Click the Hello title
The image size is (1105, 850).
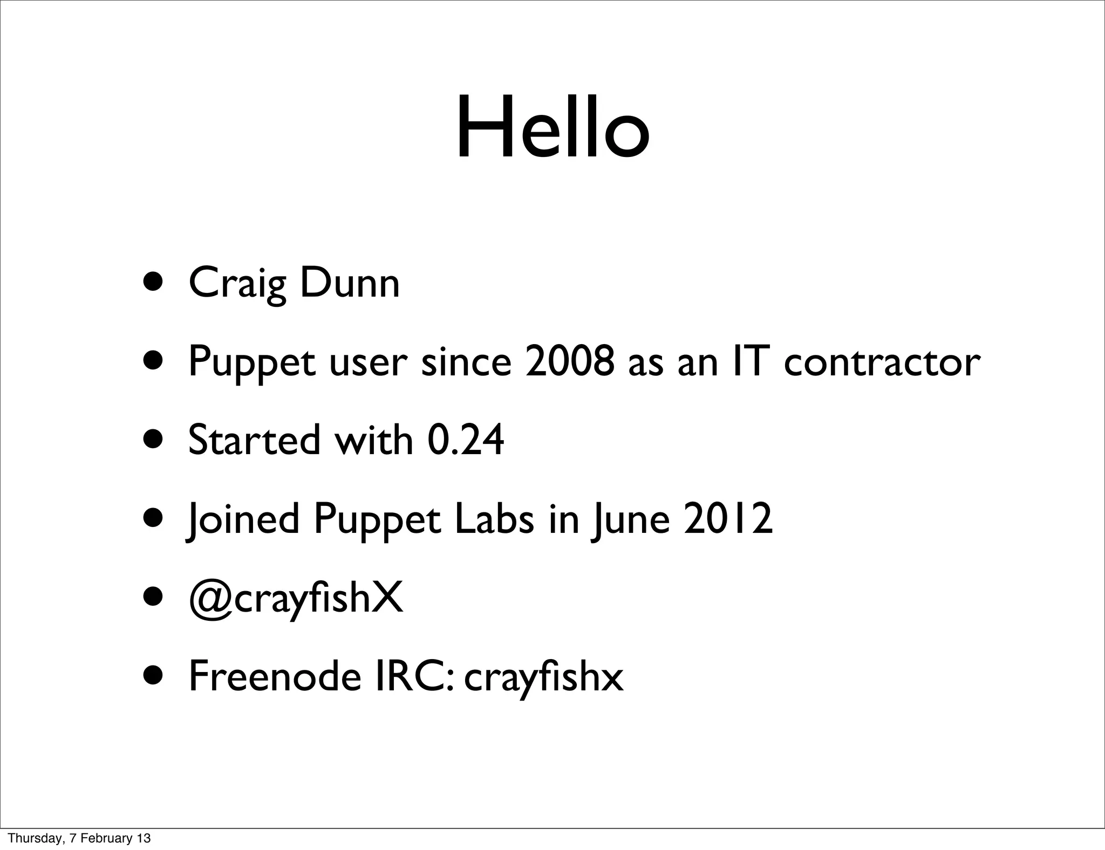(x=552, y=128)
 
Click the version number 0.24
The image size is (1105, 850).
(x=465, y=440)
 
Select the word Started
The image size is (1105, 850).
(x=254, y=440)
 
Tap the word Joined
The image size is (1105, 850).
(x=243, y=519)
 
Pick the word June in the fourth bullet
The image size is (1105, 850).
(x=631, y=519)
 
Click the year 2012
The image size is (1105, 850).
(x=728, y=519)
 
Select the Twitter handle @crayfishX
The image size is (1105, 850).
(x=296, y=599)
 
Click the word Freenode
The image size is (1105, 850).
(x=275, y=677)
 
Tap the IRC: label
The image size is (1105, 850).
(x=415, y=677)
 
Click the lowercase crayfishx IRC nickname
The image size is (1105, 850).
(x=543, y=678)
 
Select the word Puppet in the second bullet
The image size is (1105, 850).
(x=251, y=363)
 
